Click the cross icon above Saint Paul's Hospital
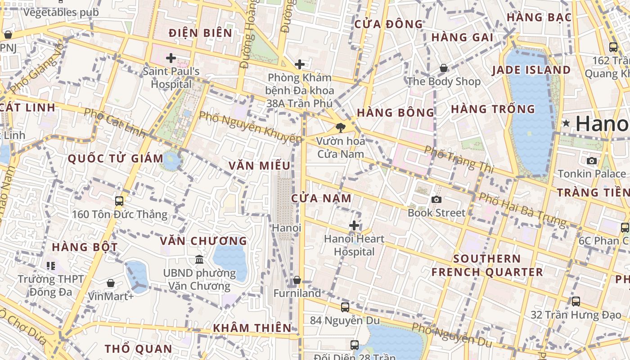point(171,58)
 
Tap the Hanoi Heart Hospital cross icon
point(354,225)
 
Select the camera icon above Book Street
point(436,199)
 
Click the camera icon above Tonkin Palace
point(592,161)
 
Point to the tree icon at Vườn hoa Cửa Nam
point(341,128)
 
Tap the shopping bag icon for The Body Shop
point(444,68)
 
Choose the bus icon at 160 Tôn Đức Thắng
point(119,201)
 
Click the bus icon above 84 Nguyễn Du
point(345,307)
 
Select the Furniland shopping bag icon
point(297,280)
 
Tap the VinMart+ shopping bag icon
point(111,283)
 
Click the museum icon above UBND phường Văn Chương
point(199,259)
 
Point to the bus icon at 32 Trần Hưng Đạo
point(576,301)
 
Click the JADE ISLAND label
point(531,70)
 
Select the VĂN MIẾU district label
point(259,166)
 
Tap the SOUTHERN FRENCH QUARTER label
point(487,265)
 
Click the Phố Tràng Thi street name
point(459,160)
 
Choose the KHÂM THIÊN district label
point(252,328)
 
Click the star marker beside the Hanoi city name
point(566,123)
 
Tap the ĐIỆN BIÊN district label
point(201,33)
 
